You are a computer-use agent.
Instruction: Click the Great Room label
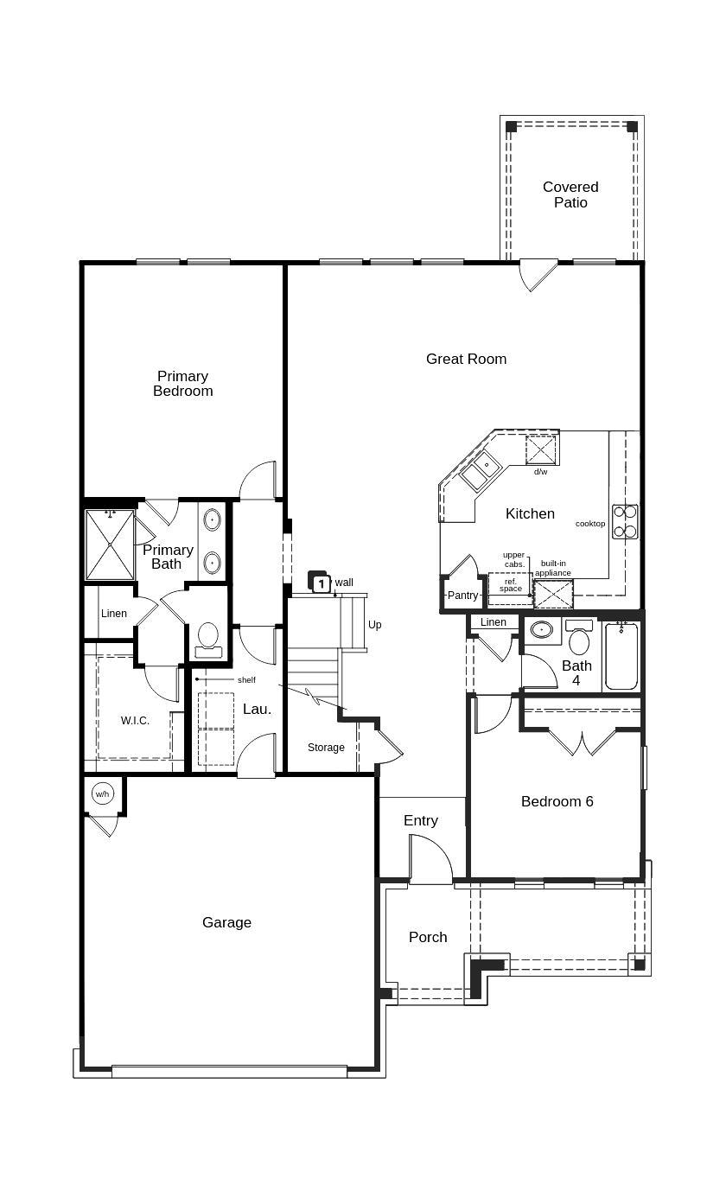pyautogui.click(x=466, y=359)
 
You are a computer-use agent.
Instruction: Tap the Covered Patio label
pyautogui.click(x=570, y=194)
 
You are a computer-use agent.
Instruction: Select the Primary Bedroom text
pyautogui.click(x=183, y=383)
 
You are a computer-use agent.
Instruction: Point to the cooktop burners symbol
pyautogui.click(x=625, y=521)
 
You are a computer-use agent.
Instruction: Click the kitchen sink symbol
pyautogui.click(x=480, y=472)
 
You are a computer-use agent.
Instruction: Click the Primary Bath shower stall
pyautogui.click(x=110, y=545)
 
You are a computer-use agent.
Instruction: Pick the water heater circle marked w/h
pyautogui.click(x=103, y=793)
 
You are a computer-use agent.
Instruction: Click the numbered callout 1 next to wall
pyautogui.click(x=321, y=583)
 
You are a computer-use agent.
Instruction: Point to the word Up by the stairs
pyautogui.click(x=374, y=625)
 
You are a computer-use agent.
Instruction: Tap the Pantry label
pyautogui.click(x=462, y=596)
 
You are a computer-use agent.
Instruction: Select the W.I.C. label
pyautogui.click(x=135, y=721)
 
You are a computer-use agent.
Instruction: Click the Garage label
pyautogui.click(x=226, y=922)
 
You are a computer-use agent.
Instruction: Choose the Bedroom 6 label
pyautogui.click(x=557, y=801)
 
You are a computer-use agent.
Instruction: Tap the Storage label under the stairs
pyautogui.click(x=326, y=748)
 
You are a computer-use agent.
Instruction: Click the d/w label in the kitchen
pyautogui.click(x=540, y=472)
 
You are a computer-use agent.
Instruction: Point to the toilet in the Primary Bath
pyautogui.click(x=208, y=638)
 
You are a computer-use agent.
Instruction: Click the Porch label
pyautogui.click(x=428, y=937)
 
